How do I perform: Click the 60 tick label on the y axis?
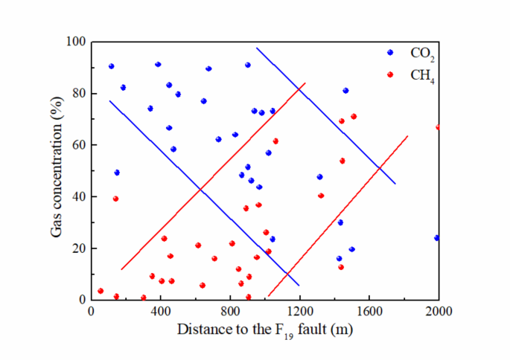76,145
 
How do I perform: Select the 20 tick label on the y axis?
76,248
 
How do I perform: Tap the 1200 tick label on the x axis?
299,313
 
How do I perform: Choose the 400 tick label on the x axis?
160,313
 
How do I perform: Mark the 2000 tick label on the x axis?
439,313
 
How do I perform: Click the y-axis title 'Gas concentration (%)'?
57,170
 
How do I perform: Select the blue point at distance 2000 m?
437,238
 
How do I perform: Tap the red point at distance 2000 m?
439,127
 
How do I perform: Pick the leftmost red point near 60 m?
101,291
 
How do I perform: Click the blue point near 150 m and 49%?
117,173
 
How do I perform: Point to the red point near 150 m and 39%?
115,199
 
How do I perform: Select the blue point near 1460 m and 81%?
345,91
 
